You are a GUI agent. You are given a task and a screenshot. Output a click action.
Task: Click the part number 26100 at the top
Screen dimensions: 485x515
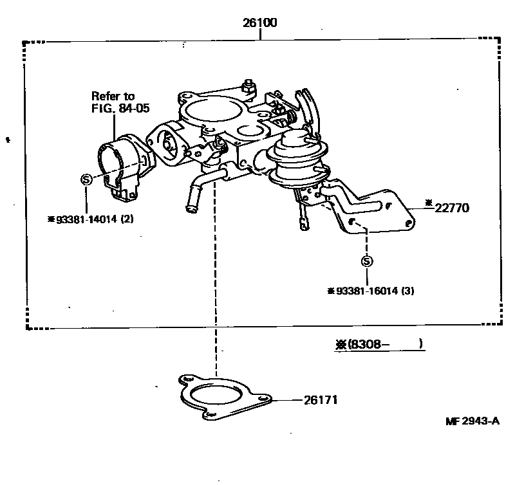(260, 23)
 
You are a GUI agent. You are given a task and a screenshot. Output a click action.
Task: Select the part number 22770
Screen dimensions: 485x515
(453, 208)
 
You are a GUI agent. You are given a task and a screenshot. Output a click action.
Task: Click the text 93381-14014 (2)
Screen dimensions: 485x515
(95, 219)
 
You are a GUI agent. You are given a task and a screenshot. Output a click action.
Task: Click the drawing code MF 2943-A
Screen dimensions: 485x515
(472, 421)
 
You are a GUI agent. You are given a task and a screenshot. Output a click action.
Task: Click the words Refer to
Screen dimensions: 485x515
(113, 96)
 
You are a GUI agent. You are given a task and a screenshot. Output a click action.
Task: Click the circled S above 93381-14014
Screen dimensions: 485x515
(87, 180)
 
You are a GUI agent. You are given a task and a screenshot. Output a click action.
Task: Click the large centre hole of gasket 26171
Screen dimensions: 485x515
(217, 396)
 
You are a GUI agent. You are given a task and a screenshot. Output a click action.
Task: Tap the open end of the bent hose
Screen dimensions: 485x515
(190, 208)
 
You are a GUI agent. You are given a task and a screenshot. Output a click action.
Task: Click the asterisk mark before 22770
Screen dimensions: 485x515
(428, 205)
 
